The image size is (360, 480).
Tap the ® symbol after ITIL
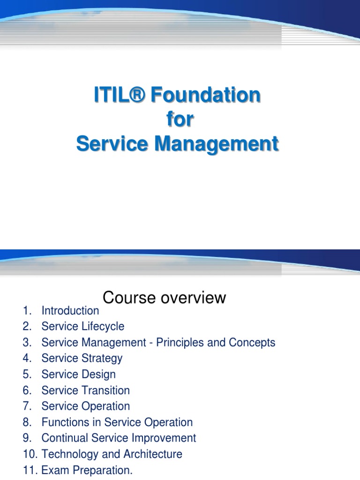[139, 95]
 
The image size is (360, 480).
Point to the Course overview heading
[164, 297]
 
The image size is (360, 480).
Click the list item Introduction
[70, 310]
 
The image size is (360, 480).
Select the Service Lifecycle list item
[83, 326]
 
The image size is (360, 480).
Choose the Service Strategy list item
[82, 358]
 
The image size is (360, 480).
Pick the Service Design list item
[78, 374]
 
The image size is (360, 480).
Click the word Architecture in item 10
[153, 454]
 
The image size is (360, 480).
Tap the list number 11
[29, 470]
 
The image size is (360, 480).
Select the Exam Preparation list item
[87, 470]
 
